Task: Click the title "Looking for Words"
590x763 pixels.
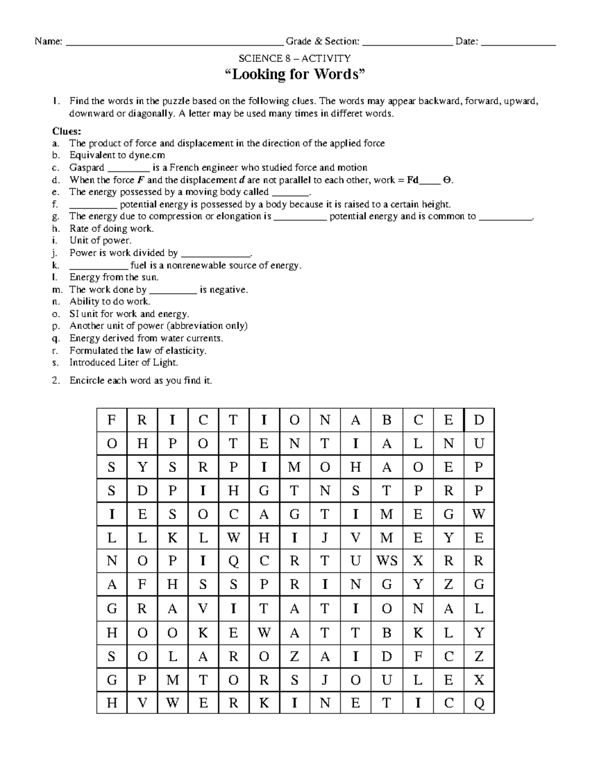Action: coord(295,75)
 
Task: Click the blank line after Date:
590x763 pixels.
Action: coord(518,44)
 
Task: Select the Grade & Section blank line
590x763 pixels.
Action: coord(407,44)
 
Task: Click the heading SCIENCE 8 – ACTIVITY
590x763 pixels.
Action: coord(295,58)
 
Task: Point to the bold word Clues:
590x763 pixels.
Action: coord(66,132)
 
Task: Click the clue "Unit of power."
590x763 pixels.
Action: coord(100,241)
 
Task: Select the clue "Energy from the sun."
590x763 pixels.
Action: coord(114,277)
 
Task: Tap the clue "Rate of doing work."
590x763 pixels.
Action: coord(112,228)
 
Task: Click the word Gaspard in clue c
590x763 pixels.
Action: coord(87,168)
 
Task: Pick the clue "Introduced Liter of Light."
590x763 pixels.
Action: coord(123,363)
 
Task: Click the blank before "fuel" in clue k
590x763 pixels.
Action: coord(99,266)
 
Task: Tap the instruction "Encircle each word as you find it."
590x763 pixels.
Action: coord(141,380)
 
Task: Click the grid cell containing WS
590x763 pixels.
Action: coord(386,561)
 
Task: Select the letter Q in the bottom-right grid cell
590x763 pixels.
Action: coord(479,703)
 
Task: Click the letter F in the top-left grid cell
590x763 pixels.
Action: coord(112,420)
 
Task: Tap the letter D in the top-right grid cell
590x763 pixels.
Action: coord(479,420)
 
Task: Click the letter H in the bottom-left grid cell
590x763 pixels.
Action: coord(112,703)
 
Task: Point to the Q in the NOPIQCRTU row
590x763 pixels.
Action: coord(234,561)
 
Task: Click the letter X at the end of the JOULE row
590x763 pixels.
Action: coord(479,679)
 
